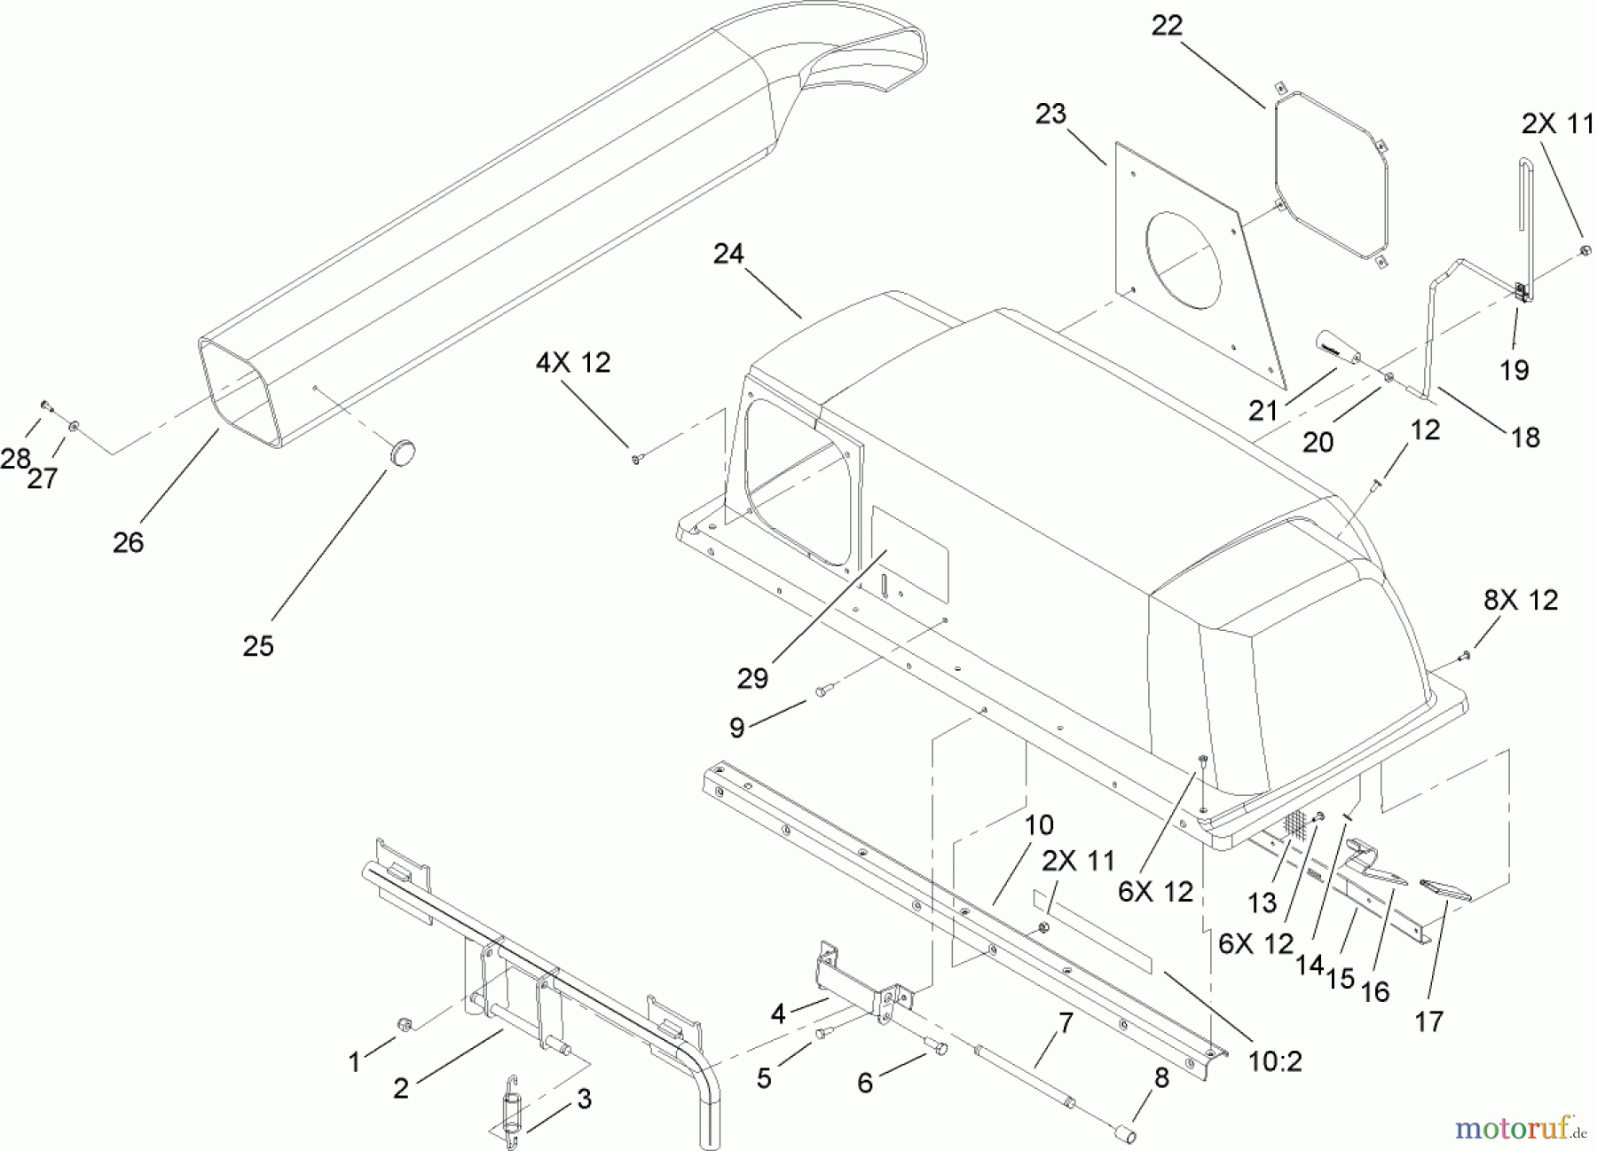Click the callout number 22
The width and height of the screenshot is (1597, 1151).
point(1167,26)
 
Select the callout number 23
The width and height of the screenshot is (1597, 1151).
point(1050,114)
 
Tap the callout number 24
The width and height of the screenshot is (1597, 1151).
point(728,255)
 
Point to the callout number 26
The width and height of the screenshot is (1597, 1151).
point(128,542)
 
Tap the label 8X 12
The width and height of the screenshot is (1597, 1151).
point(1521,601)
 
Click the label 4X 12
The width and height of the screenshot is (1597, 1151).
point(573,363)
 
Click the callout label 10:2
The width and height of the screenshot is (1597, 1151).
point(1275,1060)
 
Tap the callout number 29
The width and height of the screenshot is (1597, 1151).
point(752,679)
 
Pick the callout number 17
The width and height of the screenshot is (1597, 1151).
point(1428,1022)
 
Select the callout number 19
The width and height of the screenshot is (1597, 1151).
point(1514,370)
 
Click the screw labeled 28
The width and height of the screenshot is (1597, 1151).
point(46,406)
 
